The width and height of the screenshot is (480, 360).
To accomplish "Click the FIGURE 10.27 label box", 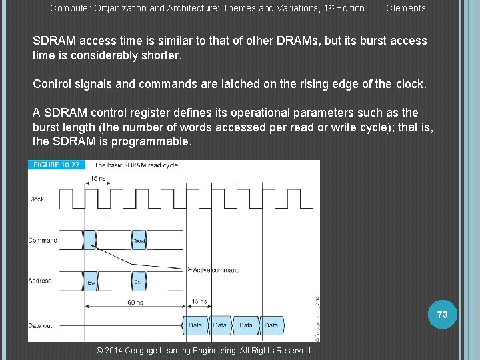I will (57, 165).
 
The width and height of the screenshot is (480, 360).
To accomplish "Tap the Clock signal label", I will (36, 199).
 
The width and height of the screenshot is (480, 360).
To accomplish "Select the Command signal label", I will (42, 240).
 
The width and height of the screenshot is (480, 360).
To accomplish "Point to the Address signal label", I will (40, 281).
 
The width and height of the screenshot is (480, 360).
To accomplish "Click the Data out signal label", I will (40, 325).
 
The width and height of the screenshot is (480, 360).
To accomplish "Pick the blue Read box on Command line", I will (139, 240).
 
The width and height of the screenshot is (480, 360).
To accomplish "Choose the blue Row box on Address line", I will (91, 282).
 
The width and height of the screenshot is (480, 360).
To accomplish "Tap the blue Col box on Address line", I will (138, 282).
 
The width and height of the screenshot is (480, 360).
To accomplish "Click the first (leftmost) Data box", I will (195, 325).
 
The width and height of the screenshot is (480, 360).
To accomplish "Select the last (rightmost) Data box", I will (271, 325).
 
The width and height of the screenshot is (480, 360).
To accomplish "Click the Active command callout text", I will (216, 270).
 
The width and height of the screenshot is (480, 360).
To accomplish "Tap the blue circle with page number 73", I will (442, 314).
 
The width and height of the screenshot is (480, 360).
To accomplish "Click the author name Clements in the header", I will (405, 8).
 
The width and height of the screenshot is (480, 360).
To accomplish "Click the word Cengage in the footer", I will (141, 351).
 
